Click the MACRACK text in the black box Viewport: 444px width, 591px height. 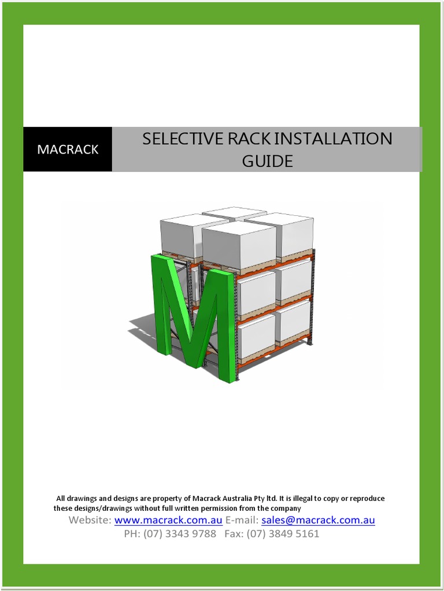coord(68,149)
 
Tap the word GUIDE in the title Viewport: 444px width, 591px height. coord(267,161)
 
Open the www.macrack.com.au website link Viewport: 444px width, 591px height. coord(168,520)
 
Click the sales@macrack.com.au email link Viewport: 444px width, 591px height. coord(318,520)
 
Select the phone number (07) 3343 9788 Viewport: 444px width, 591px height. coord(180,534)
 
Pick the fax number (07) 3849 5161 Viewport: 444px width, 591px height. coord(283,534)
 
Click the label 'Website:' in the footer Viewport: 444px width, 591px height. coord(90,520)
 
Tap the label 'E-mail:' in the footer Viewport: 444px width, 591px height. coord(242,520)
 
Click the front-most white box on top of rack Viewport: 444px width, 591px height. coord(238,244)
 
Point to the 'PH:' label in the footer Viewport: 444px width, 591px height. coord(132,534)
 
